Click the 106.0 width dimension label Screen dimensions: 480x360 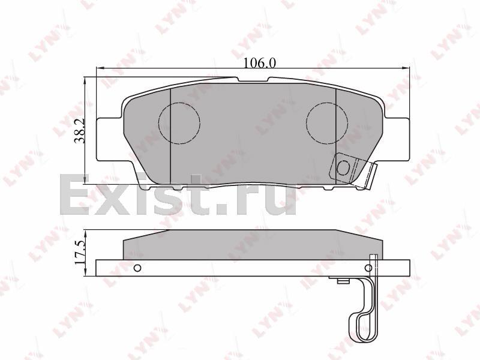coord(260,64)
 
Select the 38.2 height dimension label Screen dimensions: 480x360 coord(80,131)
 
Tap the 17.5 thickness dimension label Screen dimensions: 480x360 coord(79,252)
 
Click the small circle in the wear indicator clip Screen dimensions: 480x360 coord(343,167)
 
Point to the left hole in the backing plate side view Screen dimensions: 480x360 coord(137,268)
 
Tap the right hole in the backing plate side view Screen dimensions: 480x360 coord(369,268)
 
